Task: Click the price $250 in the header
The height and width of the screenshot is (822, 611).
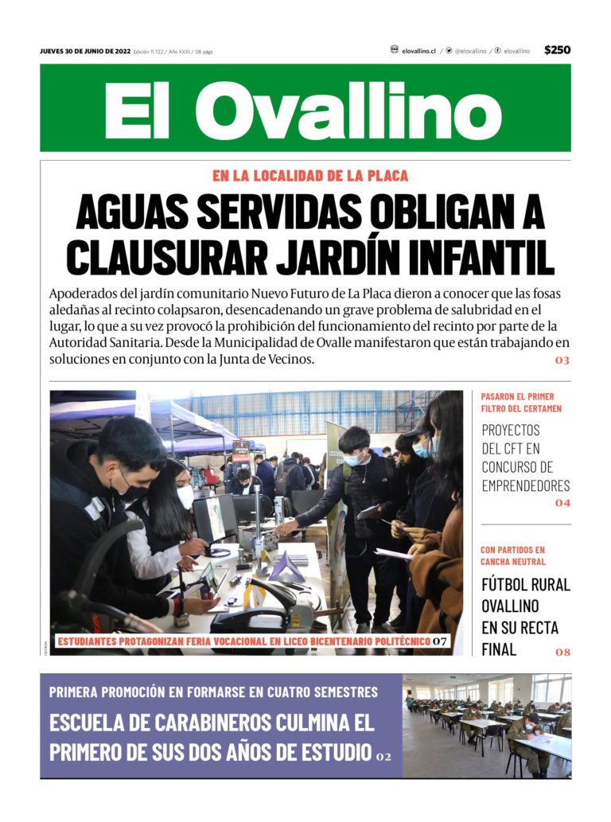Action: [x=557, y=50]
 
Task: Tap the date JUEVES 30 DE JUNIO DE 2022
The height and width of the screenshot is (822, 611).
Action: [x=85, y=52]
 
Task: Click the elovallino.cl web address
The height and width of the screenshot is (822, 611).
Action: [x=418, y=51]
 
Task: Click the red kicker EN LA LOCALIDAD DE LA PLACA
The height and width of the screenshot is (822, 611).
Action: [x=310, y=176]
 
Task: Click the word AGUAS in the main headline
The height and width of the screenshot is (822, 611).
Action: [x=131, y=212]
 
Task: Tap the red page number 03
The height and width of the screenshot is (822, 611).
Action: [x=562, y=361]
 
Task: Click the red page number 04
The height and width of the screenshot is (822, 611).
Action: [x=562, y=503]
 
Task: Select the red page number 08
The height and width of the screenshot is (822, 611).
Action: [x=562, y=653]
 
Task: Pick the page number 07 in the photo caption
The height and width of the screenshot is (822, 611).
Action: [x=440, y=641]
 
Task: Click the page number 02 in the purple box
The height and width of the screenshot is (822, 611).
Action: [x=383, y=756]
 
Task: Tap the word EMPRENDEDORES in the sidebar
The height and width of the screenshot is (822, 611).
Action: [x=526, y=486]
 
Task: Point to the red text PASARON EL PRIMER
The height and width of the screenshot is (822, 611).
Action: [x=518, y=396]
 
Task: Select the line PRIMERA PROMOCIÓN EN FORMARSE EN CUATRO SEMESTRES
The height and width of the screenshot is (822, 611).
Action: [x=213, y=691]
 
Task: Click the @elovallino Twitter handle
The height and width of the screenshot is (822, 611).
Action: [x=470, y=51]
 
